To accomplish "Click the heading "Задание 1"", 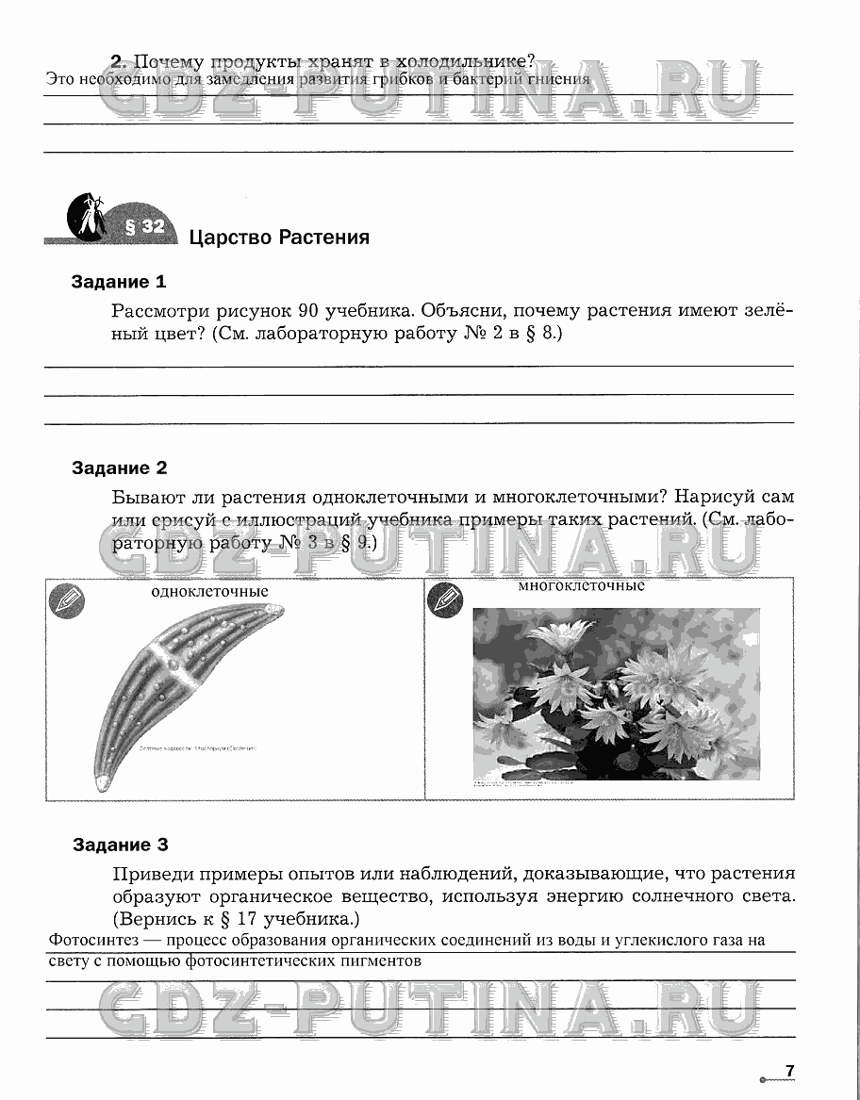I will coord(119,282).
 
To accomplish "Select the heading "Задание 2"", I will coord(119,468).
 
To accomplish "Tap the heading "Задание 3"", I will coord(120,845).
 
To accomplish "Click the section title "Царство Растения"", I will coord(279,237).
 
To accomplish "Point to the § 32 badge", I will coord(144,226).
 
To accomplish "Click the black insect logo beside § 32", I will coord(87,216).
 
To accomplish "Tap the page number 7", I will coord(790,1070).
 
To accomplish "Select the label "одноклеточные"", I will coord(209,591).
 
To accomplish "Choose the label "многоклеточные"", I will coord(581,585).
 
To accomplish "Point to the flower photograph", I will coord(615,693).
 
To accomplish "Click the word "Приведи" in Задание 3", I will coord(152,873).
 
